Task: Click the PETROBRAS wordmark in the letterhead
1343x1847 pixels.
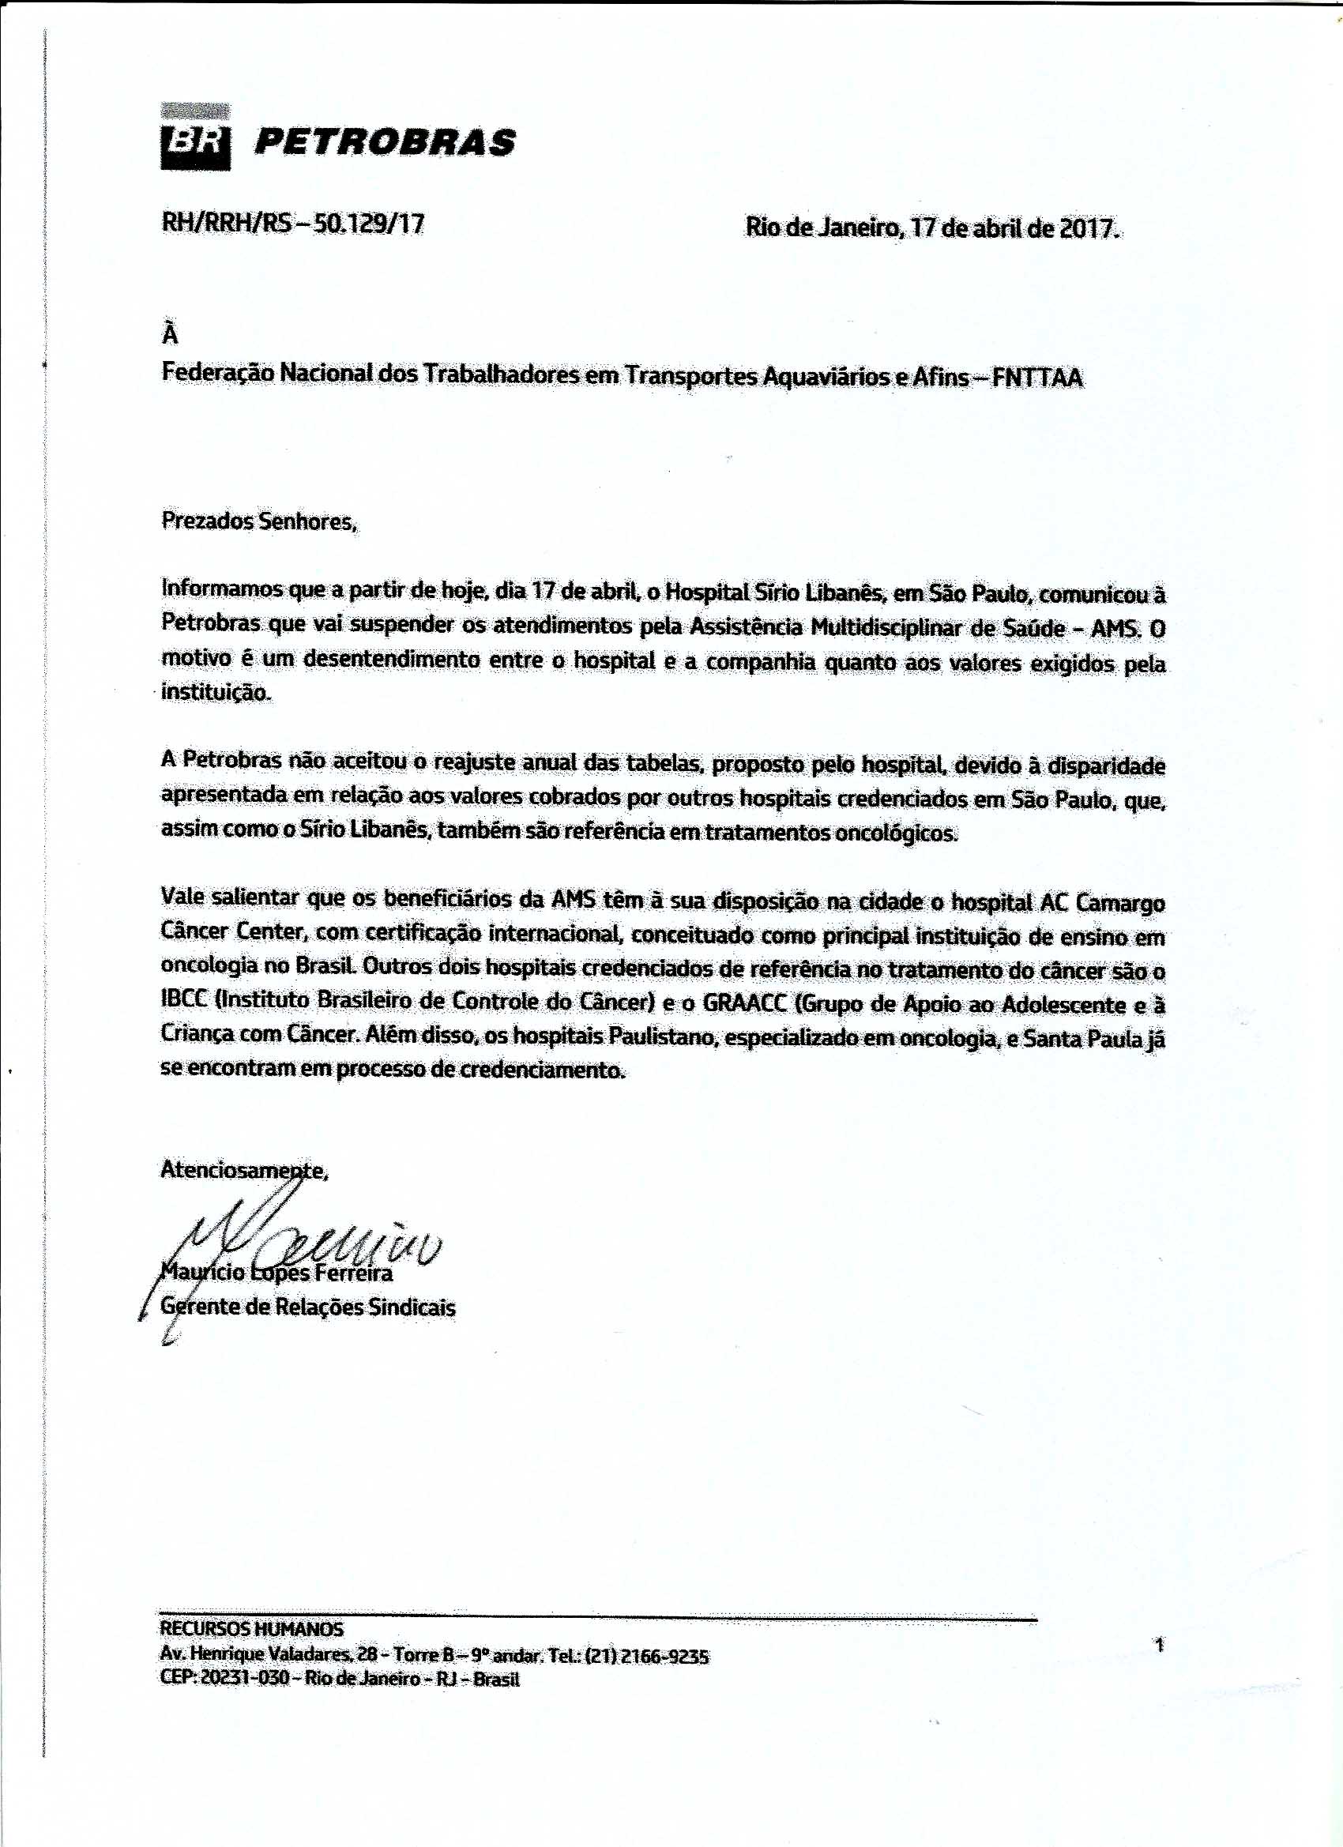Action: pos(385,142)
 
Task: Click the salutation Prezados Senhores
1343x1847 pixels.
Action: pos(259,521)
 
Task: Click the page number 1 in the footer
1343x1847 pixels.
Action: pos(1160,1645)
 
